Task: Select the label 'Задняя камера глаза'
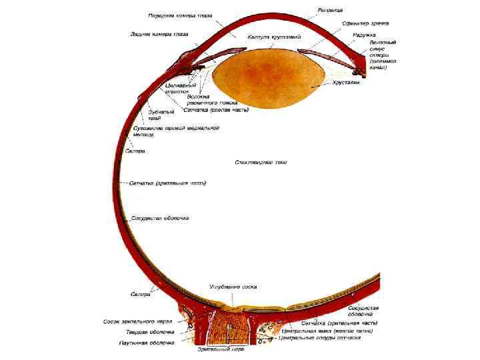pyautogui.click(x=159, y=33)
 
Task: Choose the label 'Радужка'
pyautogui.click(x=365, y=34)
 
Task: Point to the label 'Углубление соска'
pyautogui.click(x=233, y=287)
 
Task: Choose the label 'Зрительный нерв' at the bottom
pyautogui.click(x=221, y=349)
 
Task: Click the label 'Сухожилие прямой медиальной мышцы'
pyautogui.click(x=175, y=131)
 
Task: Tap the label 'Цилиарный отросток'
pyautogui.click(x=181, y=89)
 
